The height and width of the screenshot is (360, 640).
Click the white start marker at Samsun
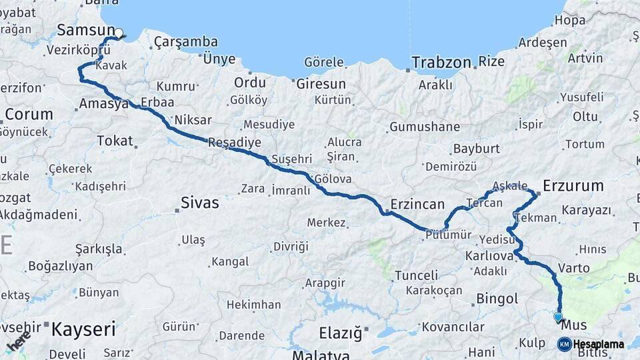click(x=119, y=33)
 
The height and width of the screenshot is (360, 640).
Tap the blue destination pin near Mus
click(x=558, y=317)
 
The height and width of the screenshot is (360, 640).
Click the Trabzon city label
click(x=441, y=63)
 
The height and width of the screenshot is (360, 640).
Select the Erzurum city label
click(x=573, y=185)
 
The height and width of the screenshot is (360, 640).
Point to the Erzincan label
click(x=417, y=204)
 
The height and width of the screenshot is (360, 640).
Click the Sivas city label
click(x=200, y=203)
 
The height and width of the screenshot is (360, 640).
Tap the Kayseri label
click(x=83, y=329)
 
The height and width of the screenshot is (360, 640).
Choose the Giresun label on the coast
click(x=321, y=84)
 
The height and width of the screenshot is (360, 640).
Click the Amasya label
click(x=103, y=104)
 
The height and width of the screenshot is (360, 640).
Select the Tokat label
click(x=115, y=141)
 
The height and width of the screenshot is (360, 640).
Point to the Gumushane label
click(x=425, y=127)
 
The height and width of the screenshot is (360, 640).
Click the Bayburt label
click(x=476, y=149)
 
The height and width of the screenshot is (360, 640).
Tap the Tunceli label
click(x=416, y=275)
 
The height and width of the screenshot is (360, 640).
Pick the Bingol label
click(x=497, y=299)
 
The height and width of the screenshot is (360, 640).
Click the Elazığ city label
click(x=339, y=331)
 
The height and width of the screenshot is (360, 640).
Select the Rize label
click(x=492, y=62)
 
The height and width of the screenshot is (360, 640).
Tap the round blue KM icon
click(x=564, y=345)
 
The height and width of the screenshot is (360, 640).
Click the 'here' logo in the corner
click(x=19, y=341)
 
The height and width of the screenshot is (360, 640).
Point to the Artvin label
click(x=585, y=58)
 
